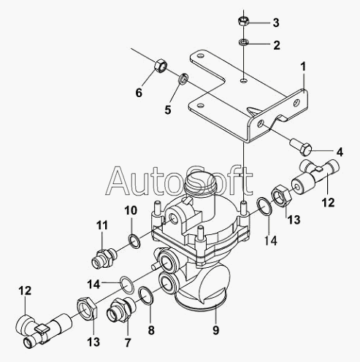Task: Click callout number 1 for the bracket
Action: [x=303, y=66]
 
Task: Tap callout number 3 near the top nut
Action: [x=276, y=23]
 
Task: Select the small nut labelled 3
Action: [x=243, y=20]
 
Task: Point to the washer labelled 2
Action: [x=243, y=42]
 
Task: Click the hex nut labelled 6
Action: [x=161, y=66]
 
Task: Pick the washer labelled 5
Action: [x=183, y=79]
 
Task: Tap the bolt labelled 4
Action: [x=301, y=147]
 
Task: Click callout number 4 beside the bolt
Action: [x=340, y=152]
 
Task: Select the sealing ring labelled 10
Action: [x=134, y=241]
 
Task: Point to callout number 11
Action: [x=102, y=226]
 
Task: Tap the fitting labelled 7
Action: [x=120, y=309]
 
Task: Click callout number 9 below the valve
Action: [x=216, y=330]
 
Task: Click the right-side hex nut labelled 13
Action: [x=281, y=196]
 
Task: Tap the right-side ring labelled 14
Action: [x=264, y=207]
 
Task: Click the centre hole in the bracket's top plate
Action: [x=243, y=80]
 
